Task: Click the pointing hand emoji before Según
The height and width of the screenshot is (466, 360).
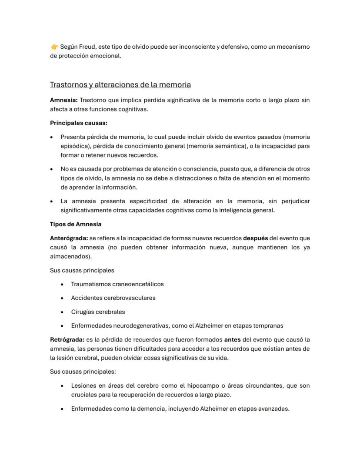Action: pos(54,47)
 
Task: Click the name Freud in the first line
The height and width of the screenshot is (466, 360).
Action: pos(88,47)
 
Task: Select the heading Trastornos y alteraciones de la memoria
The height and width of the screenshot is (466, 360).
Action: pos(120,84)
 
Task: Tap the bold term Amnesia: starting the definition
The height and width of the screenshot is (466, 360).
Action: pos(64,100)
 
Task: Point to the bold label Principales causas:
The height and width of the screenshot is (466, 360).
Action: pos(79,123)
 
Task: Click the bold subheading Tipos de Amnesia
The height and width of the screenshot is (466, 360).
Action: pos(76,224)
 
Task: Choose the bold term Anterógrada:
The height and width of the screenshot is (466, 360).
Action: pos(69,238)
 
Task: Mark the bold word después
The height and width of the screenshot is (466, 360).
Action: pos(255,238)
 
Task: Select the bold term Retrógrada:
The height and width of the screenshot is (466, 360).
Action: pos(67,339)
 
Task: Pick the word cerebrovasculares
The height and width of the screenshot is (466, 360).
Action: pos(127,298)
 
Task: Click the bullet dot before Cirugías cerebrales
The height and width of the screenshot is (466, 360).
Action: pos(63,312)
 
